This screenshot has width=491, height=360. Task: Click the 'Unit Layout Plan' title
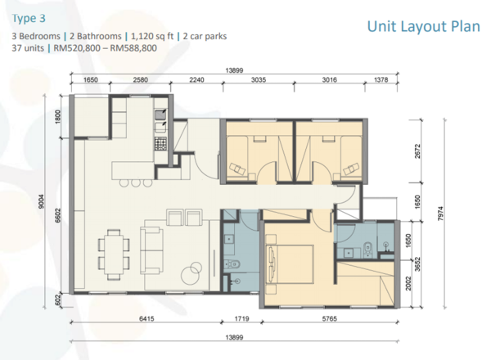(423, 26)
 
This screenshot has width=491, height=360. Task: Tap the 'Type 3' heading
(29, 18)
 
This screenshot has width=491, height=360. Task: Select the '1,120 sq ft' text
(152, 36)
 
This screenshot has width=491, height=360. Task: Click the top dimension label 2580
(140, 80)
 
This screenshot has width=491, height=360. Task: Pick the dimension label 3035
(259, 80)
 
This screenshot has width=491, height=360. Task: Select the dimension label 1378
(381, 80)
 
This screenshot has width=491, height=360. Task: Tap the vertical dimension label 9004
(43, 201)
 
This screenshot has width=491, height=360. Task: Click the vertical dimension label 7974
(440, 214)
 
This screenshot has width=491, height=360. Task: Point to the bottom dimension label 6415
(146, 318)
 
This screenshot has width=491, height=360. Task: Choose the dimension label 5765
(330, 318)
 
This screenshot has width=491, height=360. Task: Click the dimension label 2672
(417, 151)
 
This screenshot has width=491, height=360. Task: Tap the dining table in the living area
(114, 254)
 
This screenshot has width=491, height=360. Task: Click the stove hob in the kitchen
(160, 143)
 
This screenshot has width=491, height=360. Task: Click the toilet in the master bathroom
(367, 247)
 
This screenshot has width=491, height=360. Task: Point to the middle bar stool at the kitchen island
(136, 182)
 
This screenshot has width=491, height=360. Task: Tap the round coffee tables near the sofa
(191, 273)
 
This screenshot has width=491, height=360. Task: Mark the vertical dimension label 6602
(58, 216)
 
